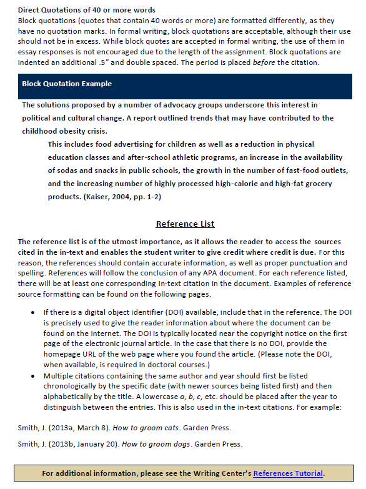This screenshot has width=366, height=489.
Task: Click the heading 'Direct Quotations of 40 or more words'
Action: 87,10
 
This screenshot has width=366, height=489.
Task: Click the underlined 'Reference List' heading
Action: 185,224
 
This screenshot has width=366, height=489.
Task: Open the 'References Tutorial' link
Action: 288,473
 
